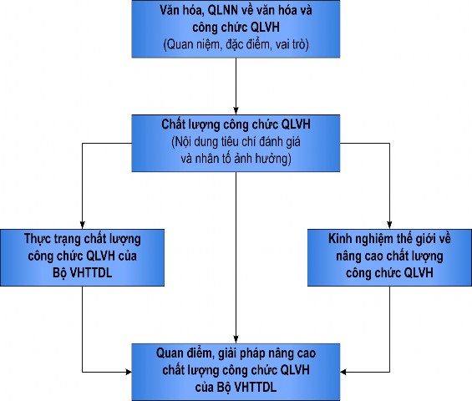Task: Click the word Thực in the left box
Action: point(37,238)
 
